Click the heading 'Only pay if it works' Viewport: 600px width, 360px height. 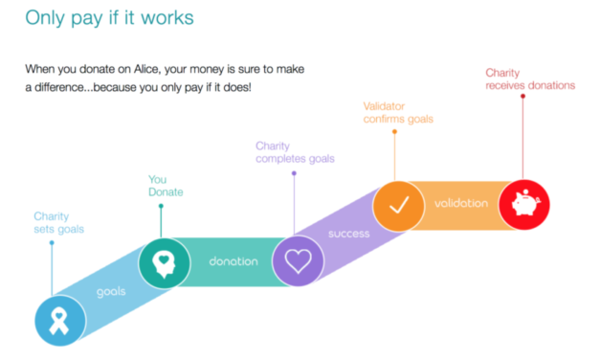[x=110, y=18]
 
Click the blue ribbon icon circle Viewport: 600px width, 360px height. [x=59, y=320]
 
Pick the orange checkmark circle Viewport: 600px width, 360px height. [x=397, y=204]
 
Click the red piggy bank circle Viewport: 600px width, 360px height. [x=522, y=203]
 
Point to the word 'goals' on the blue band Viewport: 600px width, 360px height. [x=111, y=290]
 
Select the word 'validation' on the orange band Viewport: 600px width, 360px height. [x=460, y=204]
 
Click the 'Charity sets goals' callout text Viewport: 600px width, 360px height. [x=58, y=223]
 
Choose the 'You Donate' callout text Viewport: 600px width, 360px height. [x=166, y=186]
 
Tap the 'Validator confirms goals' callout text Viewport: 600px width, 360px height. [x=398, y=112]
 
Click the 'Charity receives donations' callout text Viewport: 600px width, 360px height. [x=530, y=79]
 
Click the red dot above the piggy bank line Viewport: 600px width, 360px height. [x=522, y=96]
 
